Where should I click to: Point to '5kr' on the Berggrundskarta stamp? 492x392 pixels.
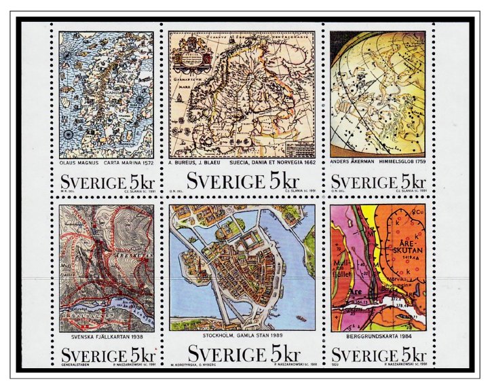pyautogui.click(x=413, y=356)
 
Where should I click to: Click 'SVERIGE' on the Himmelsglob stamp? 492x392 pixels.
pyautogui.click(x=362, y=182)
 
